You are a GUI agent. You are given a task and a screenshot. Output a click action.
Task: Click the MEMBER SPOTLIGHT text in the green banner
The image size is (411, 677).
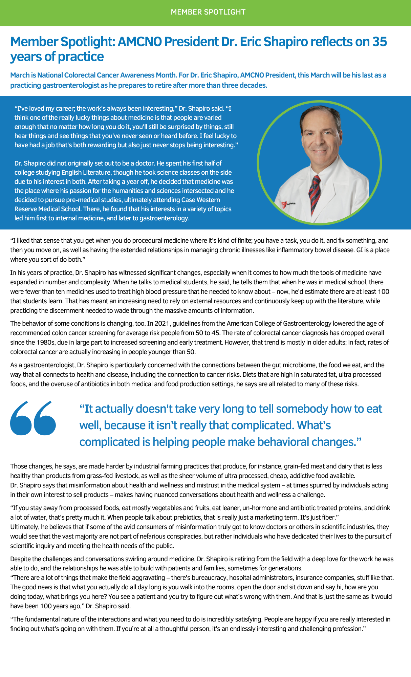pyautogui.click(x=208, y=12)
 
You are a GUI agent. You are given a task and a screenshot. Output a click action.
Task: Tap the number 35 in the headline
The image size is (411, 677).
pyautogui.click(x=380, y=42)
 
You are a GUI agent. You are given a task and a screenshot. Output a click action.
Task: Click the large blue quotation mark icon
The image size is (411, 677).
pyautogui.click(x=33, y=418)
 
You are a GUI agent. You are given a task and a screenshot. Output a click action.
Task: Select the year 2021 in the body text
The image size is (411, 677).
pyautogui.click(x=163, y=324)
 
